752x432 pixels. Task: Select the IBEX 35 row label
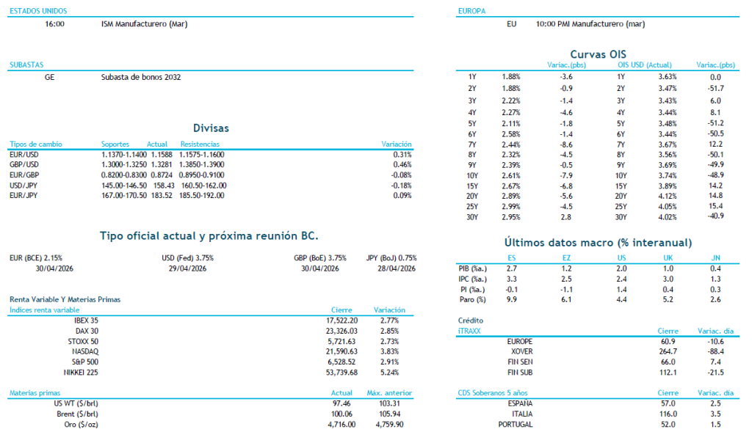pos(86,321)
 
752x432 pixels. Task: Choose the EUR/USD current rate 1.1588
pos(161,155)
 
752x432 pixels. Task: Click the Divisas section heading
pos(211,128)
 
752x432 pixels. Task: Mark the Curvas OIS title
pos(598,54)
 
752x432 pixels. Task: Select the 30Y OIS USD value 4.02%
pos(667,216)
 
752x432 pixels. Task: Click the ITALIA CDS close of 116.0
pos(665,414)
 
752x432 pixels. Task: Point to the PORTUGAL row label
pos(515,425)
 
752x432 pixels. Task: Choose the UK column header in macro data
pos(667,257)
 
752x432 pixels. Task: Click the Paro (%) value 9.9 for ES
pos(512,299)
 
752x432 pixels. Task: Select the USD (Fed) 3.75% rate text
pos(187,258)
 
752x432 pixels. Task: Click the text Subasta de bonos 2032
pos(141,76)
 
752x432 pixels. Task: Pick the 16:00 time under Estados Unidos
pos(54,23)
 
